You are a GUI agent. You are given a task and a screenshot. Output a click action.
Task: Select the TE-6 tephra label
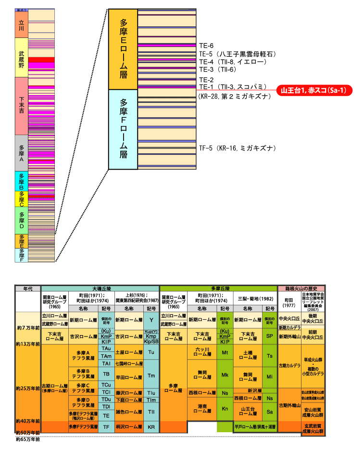(206, 46)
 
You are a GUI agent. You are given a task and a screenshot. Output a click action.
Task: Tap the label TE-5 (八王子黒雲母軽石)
(239, 54)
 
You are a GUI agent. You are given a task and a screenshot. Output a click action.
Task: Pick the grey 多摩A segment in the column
(21, 152)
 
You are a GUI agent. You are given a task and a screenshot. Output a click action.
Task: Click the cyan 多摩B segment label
(21, 181)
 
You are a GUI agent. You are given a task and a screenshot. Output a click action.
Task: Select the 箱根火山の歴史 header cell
(301, 288)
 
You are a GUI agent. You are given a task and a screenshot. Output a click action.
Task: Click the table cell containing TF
(107, 426)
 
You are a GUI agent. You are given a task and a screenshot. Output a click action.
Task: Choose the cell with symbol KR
(151, 426)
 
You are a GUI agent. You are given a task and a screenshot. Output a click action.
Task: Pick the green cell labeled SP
(269, 336)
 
